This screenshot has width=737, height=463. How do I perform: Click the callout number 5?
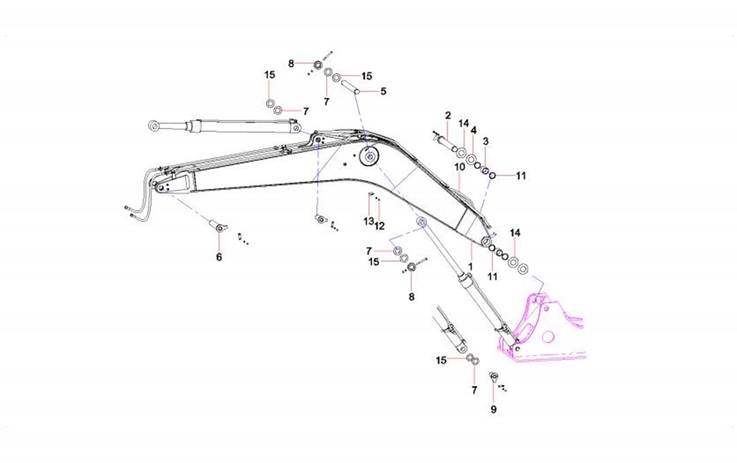point(383,91)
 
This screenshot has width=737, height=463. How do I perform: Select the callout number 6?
point(219,257)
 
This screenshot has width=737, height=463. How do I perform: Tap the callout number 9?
point(493,409)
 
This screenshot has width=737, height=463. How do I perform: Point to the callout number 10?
point(459,166)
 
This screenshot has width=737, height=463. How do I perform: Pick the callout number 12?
point(379,225)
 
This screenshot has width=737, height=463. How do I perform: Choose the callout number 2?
point(448,115)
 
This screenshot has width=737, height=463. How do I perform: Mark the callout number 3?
point(485,141)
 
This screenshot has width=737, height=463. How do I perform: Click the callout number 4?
point(474,131)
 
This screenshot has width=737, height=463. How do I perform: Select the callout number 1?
point(471,266)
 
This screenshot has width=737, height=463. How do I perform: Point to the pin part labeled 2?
point(445,143)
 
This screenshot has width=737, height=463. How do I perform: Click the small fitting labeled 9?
point(493,376)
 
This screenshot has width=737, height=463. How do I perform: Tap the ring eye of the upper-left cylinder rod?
point(153,126)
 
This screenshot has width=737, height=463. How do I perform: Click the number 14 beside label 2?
point(463,123)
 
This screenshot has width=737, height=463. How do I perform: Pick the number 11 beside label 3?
point(521,175)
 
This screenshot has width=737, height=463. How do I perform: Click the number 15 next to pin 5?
point(366,76)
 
